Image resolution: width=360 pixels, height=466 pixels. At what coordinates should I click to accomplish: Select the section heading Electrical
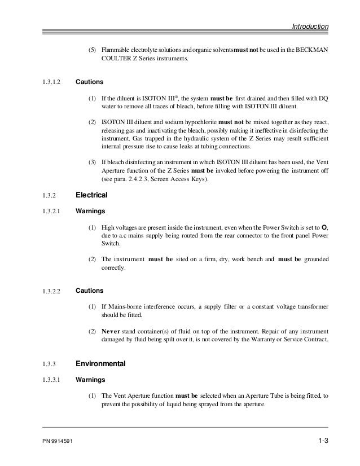(91, 195)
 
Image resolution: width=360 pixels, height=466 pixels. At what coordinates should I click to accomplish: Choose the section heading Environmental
(100, 364)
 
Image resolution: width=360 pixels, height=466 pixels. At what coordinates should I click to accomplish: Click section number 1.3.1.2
(52, 82)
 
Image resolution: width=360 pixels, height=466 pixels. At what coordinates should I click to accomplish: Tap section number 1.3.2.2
(52, 292)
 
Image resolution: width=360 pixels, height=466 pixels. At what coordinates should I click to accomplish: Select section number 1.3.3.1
(52, 380)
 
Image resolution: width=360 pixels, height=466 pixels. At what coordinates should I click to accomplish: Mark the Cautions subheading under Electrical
(90, 291)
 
